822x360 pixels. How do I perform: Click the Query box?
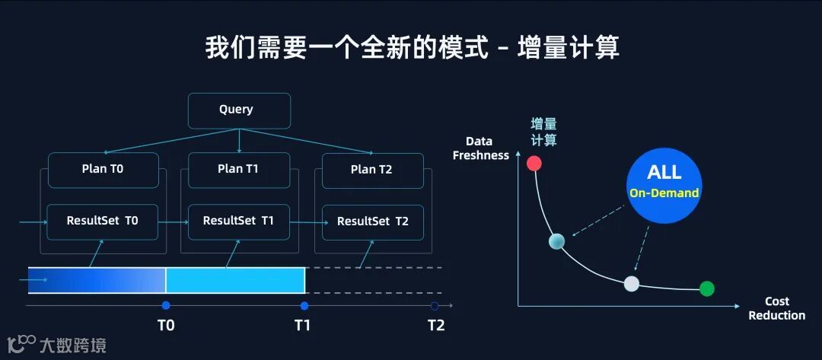click(239, 110)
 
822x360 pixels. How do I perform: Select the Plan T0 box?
click(103, 170)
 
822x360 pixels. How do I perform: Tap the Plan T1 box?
click(238, 170)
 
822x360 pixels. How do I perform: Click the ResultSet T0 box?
click(102, 221)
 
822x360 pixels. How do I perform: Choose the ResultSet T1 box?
click(238, 221)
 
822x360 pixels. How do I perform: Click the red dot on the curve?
click(534, 163)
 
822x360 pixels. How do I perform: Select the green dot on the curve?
click(707, 288)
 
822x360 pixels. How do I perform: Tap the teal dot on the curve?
click(556, 242)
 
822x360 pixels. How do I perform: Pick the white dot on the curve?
click(631, 284)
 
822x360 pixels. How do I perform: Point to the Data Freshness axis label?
click(480, 148)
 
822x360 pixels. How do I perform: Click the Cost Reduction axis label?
click(776, 308)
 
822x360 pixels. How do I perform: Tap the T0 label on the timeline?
click(166, 326)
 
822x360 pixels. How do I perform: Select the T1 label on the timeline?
click(303, 326)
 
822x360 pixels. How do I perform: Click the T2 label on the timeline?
click(435, 326)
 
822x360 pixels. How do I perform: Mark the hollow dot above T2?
click(435, 306)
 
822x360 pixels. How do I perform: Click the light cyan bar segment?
click(235, 280)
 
